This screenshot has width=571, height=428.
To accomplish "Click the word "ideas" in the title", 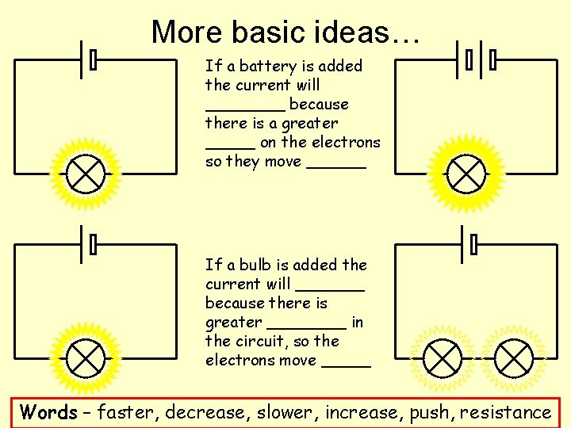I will click(x=347, y=32).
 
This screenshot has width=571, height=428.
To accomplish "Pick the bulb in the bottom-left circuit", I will click(x=83, y=357).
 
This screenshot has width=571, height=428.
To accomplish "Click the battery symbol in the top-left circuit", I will click(x=87, y=59).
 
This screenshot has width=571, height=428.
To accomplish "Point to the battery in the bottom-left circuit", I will click(x=87, y=244).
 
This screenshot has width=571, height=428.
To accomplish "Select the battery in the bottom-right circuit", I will click(x=468, y=244).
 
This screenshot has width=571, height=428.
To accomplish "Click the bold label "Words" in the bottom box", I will click(x=49, y=412).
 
